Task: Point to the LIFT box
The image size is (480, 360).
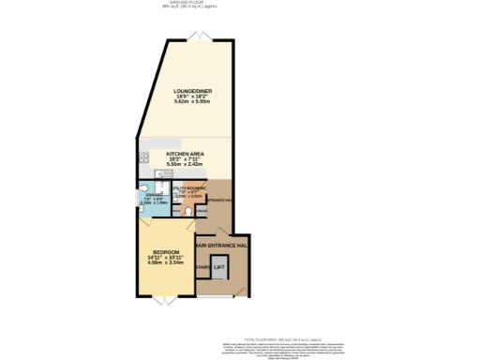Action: pyautogui.click(x=219, y=268)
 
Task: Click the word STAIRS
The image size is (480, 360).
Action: pyautogui.click(x=202, y=269)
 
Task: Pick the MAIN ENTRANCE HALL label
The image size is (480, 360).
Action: pyautogui.click(x=221, y=245)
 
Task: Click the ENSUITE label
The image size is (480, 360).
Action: pyautogui.click(x=154, y=194)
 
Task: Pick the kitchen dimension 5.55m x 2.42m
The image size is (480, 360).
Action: pyautogui.click(x=186, y=164)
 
